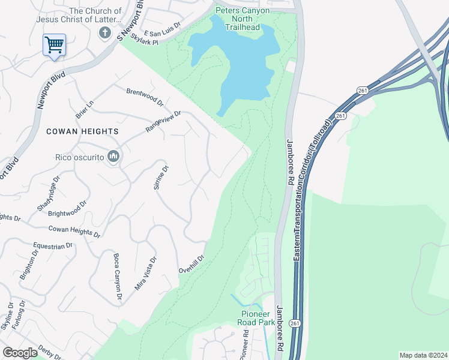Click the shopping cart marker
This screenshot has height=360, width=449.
pyautogui.click(x=54, y=45)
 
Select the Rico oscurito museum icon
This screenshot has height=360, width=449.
pyautogui.click(x=114, y=157)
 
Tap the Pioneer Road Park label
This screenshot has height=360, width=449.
pyautogui.click(x=258, y=318)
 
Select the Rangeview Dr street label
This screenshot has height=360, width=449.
pyautogui.click(x=163, y=122)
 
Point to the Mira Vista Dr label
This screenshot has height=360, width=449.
pyautogui.click(x=146, y=273)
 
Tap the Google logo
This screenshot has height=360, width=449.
pyautogui.click(x=20, y=353)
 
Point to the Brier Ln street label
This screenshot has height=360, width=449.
pyautogui.click(x=86, y=108)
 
